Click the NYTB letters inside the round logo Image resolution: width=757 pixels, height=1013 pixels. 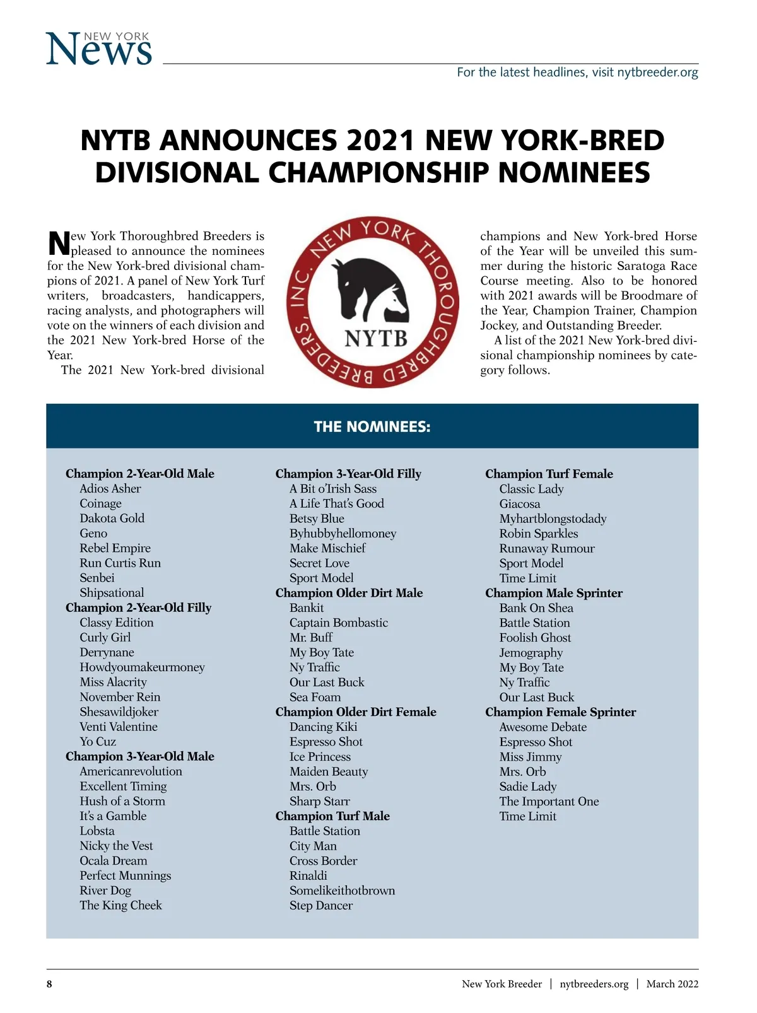376,339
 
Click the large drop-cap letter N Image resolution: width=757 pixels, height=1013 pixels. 59,243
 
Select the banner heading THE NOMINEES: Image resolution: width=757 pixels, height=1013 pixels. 372,427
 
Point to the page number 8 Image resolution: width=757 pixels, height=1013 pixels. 50,984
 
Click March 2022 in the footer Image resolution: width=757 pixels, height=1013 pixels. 672,984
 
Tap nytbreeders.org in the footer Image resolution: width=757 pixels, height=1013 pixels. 594,984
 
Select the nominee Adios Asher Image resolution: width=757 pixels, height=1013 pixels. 110,489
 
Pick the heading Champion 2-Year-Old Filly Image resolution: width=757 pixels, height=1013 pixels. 138,607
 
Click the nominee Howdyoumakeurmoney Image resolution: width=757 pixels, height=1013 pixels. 142,667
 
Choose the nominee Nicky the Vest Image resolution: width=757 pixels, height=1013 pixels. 116,846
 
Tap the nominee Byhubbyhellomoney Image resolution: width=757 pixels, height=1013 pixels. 343,534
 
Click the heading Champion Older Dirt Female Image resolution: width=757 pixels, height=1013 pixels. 356,712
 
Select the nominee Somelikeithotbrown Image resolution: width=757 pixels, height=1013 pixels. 342,891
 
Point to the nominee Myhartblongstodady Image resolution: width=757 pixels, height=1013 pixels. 553,519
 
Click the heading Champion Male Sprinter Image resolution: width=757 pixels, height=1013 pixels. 553,593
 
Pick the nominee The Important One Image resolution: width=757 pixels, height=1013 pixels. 549,802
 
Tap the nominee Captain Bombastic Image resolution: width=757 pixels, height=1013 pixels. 339,623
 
